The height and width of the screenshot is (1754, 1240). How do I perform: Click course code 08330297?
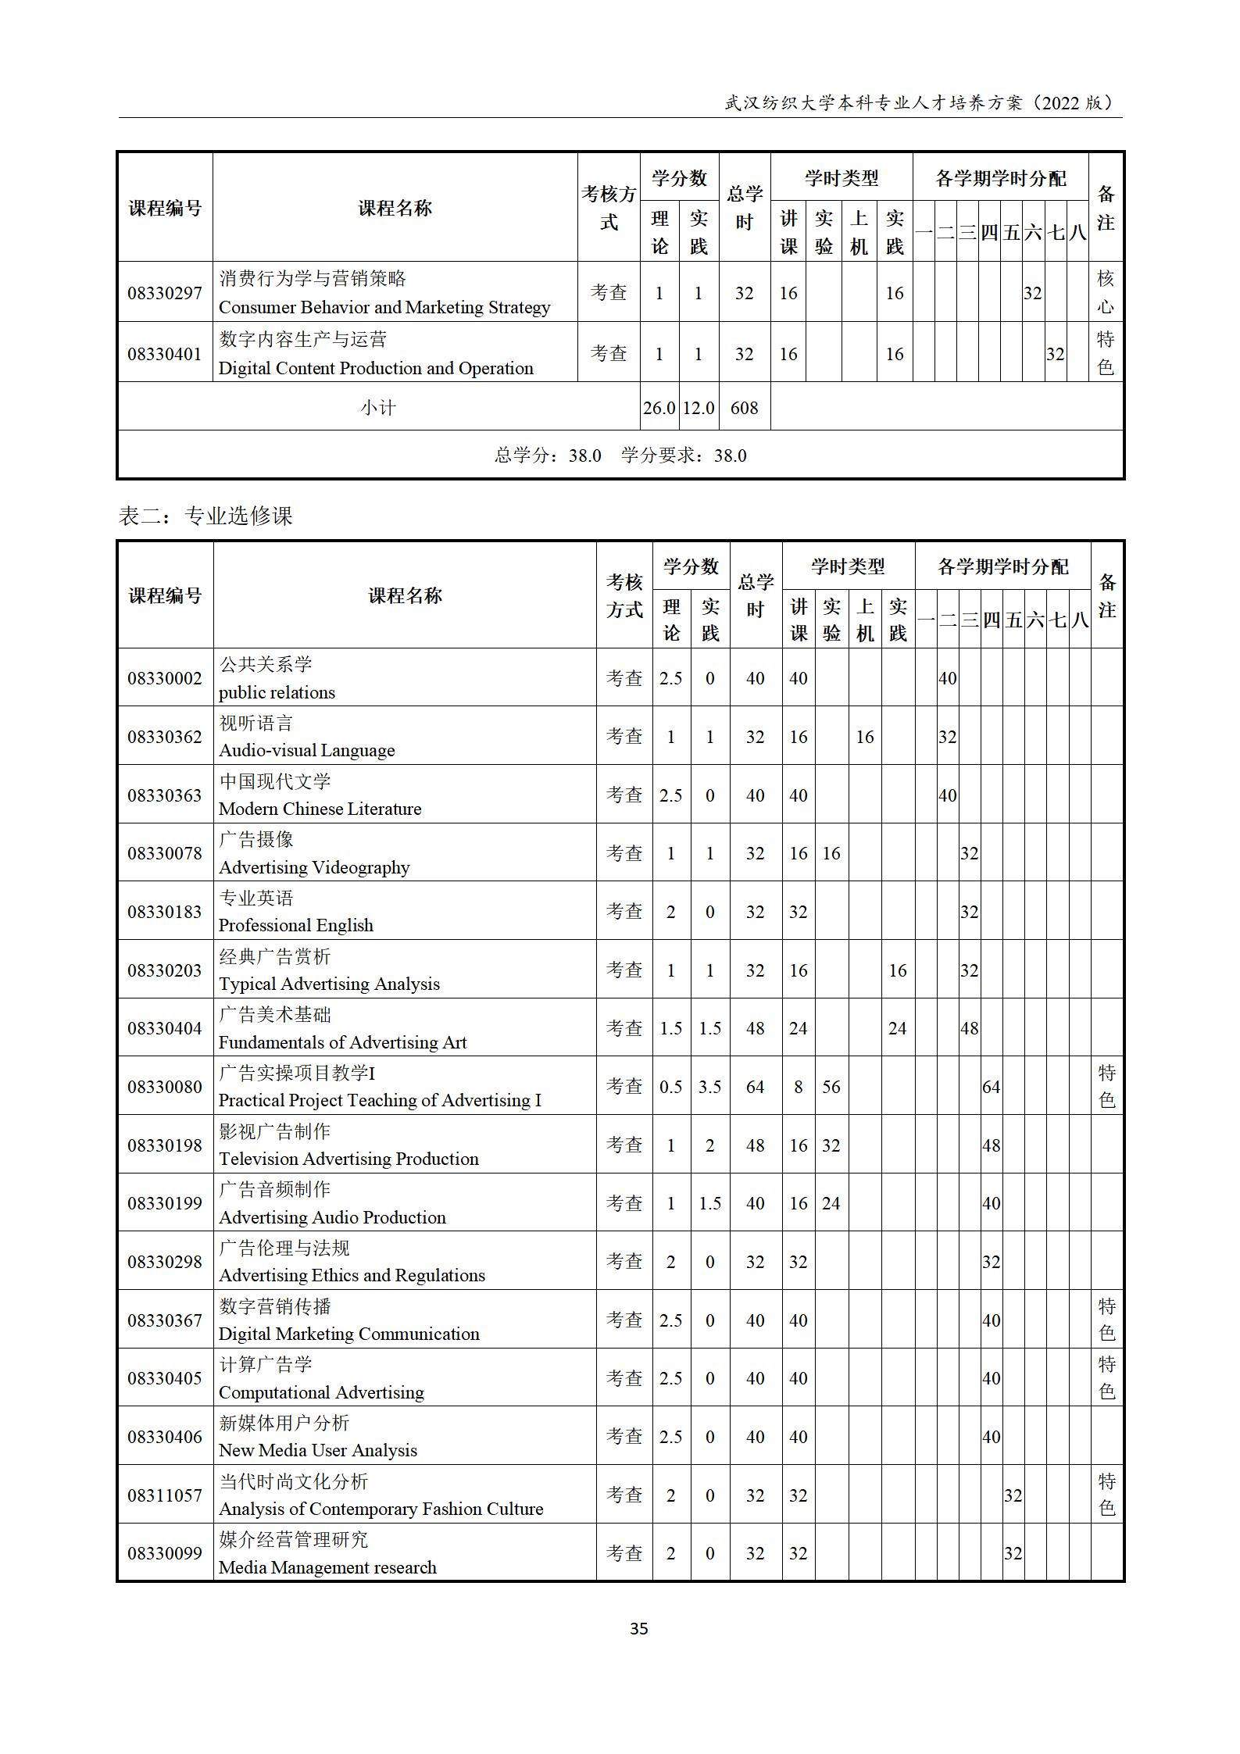coord(165,293)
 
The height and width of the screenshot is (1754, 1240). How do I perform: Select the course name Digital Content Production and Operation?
coord(376,368)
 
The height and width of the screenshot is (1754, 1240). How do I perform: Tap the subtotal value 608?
coord(744,408)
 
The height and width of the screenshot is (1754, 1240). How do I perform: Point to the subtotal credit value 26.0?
coord(659,408)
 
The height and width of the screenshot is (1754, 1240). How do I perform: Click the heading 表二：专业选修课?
coord(205,516)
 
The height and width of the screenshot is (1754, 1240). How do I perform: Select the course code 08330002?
coord(165,678)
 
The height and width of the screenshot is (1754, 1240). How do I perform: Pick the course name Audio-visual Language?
coord(306,751)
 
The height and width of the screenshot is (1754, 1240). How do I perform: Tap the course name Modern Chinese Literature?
coord(320,809)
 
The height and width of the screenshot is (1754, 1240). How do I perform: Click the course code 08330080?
coord(165,1087)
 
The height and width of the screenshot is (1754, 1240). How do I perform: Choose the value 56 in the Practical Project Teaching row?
coord(831,1087)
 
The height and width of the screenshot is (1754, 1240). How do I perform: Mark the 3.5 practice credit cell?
coord(709,1087)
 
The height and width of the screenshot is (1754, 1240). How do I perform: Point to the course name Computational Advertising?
coord(321,1393)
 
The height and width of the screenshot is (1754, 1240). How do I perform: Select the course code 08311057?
coord(165,1495)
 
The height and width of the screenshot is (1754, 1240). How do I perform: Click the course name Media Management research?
coord(327,1568)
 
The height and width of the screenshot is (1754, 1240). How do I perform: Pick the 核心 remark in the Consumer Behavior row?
coord(1105,292)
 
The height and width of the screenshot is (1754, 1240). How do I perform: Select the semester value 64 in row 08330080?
coord(991,1087)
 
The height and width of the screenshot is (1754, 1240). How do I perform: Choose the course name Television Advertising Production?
coord(348,1159)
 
